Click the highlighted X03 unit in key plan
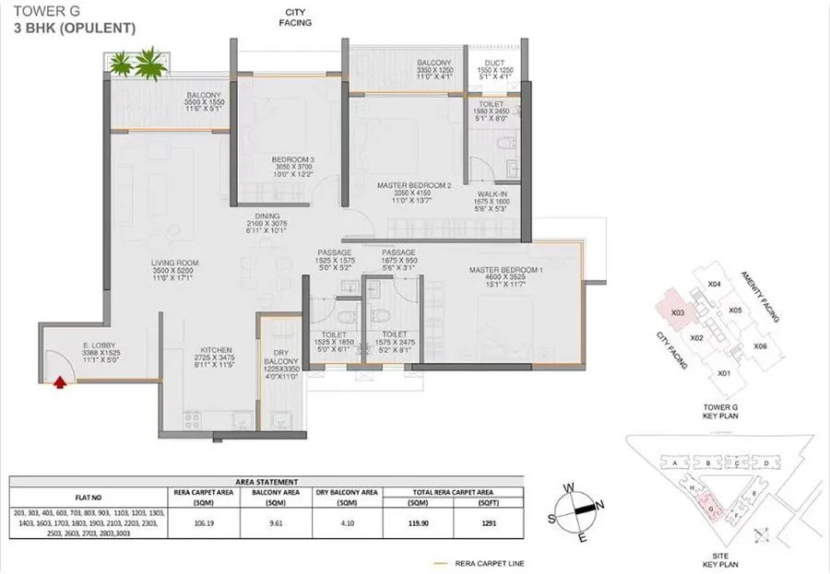point(678,313)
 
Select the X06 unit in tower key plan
point(760,346)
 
